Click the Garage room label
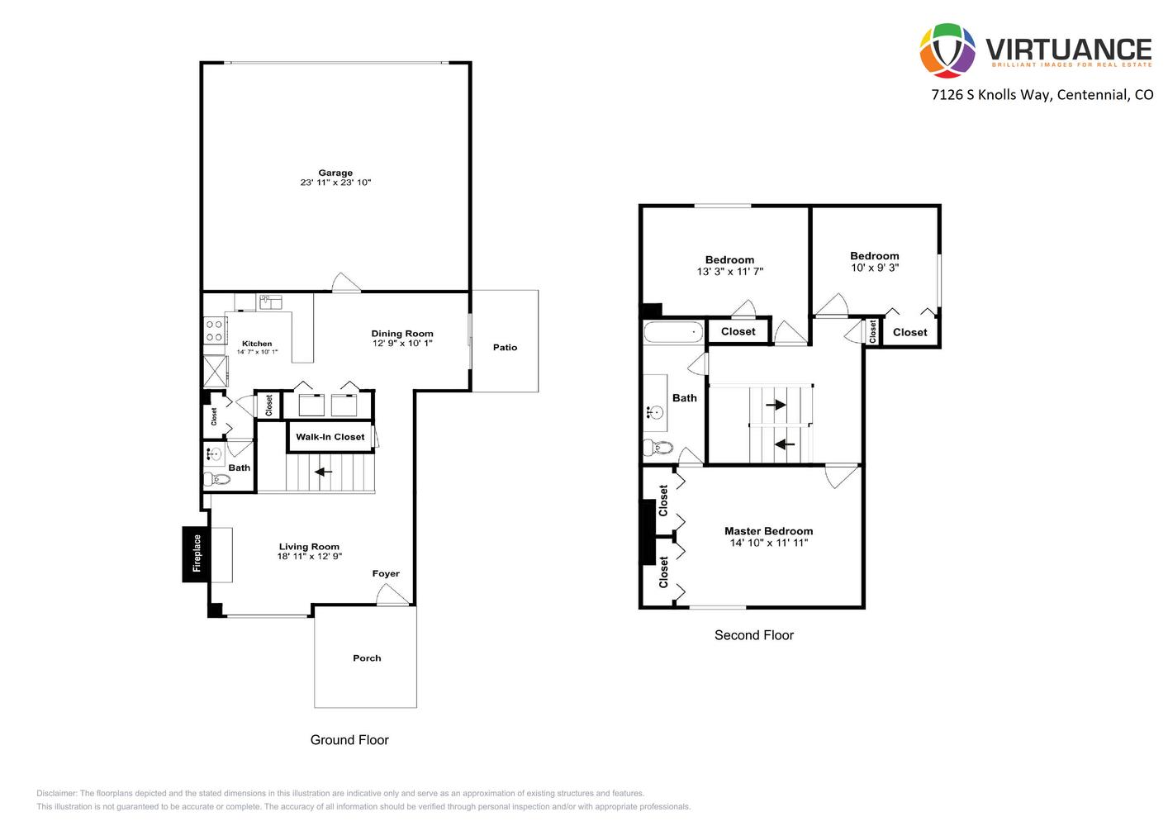335,173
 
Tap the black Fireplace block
196,553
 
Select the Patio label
505,347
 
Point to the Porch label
367,658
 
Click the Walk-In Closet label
330,437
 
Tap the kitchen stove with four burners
214,330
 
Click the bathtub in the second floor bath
673,332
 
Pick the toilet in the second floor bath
658,447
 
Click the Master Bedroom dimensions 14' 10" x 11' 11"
768,543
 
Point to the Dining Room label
402,333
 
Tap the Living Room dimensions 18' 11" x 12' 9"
309,557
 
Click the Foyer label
386,573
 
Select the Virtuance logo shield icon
947,50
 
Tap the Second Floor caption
754,635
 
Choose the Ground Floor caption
349,740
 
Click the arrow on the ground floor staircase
323,472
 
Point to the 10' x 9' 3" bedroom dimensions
875,268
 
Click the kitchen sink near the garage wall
271,302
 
